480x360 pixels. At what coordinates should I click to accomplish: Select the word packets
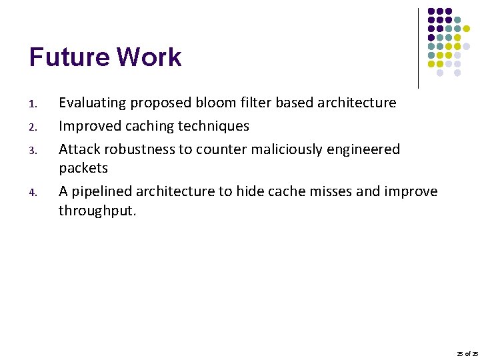[83, 168]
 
